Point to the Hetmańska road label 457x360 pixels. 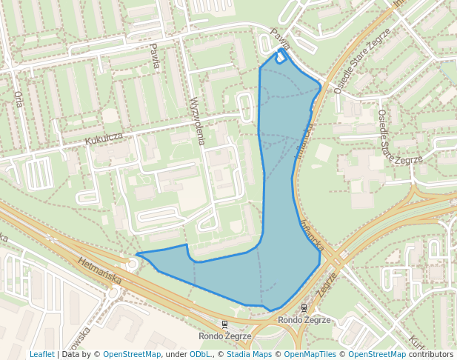coord(99,268)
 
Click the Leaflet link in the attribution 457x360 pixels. coord(41,354)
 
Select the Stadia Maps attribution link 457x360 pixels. coord(250,354)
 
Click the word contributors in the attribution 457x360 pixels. coord(429,354)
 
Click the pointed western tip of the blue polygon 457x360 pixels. coord(138,254)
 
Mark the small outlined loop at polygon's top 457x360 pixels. coord(281,56)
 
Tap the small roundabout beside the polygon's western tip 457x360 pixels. coord(131,264)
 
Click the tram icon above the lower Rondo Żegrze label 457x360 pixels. coord(224,324)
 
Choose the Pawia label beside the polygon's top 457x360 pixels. coord(279,39)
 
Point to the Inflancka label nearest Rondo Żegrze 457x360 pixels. coord(310,233)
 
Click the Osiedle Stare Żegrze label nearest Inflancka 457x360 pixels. coord(348,71)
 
